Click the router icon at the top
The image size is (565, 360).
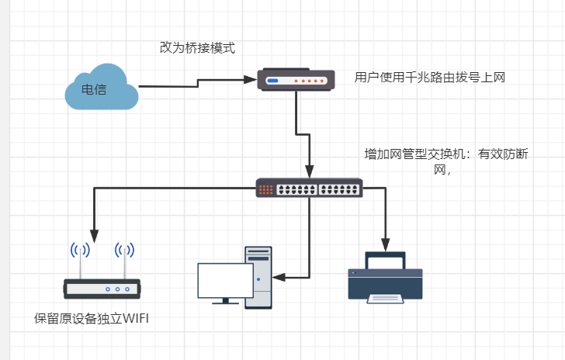(296, 80)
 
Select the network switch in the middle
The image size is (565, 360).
(309, 188)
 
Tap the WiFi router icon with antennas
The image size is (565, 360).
(102, 288)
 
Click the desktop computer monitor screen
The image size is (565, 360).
(224, 280)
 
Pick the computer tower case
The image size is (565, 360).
(258, 277)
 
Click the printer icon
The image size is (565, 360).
(385, 277)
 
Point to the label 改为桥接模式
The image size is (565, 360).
(197, 48)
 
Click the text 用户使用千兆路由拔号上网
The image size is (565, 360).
(430, 78)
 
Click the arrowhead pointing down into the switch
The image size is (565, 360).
(310, 173)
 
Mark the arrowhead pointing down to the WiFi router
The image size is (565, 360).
(94, 234)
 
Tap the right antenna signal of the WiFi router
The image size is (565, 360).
(124, 250)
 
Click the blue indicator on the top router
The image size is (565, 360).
(272, 80)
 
